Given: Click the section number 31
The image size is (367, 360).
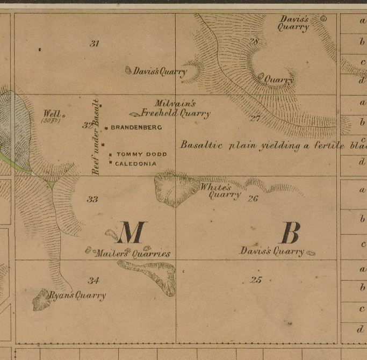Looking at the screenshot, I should click(95, 44).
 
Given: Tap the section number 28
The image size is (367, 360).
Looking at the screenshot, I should click(254, 41).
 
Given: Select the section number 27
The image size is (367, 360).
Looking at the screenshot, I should click(255, 118).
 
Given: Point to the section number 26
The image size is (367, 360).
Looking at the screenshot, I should click(254, 198).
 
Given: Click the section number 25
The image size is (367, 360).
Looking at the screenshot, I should click(256, 279).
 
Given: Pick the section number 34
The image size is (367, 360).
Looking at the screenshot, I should click(94, 280).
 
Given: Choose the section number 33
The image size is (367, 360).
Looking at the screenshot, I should click(92, 199).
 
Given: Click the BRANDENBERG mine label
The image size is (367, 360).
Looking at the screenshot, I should click(136, 128).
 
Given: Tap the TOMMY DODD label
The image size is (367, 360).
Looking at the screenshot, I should click(141, 154).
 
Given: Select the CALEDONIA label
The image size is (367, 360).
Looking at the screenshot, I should click(136, 163).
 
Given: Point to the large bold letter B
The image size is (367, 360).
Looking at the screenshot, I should click(290, 233).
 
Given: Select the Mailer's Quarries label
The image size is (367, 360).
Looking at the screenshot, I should click(132, 253).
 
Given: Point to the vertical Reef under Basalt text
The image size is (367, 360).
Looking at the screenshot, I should click(96, 136).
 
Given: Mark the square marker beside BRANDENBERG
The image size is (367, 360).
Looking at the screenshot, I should click(107, 128).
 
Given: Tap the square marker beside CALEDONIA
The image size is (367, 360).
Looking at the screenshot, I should click(111, 162).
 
